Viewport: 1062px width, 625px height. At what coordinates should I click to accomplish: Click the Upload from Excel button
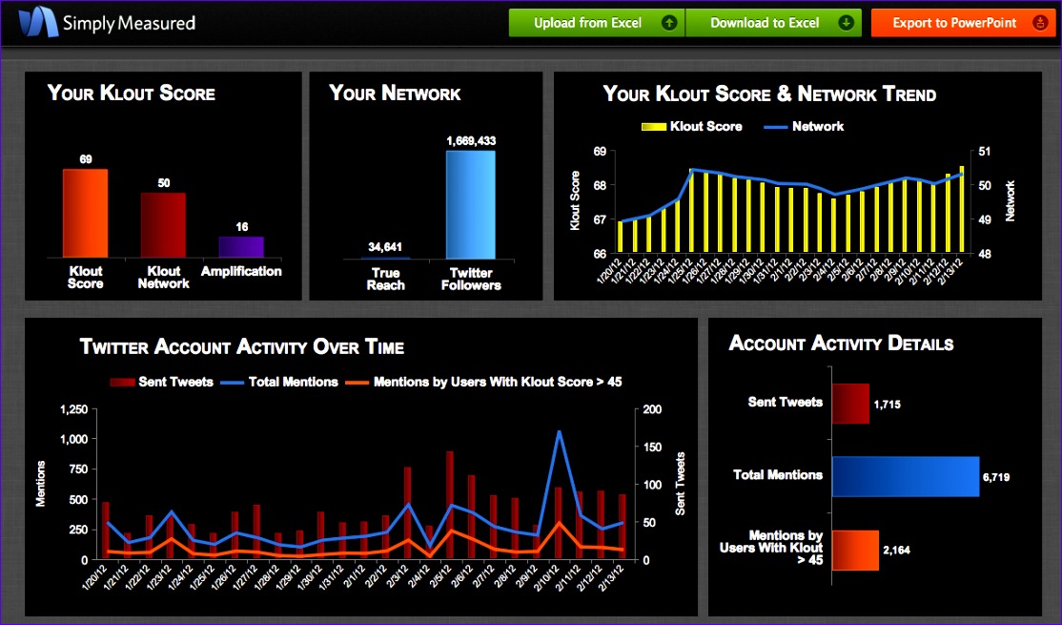(597, 23)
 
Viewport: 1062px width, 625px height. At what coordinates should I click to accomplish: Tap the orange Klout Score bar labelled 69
(85, 213)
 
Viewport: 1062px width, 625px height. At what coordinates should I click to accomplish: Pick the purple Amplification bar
(241, 247)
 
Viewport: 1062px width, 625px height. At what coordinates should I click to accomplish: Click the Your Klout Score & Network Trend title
(769, 94)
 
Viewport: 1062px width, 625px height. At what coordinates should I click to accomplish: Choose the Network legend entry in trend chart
(806, 126)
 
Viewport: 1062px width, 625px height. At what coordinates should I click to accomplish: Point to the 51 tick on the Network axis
(985, 152)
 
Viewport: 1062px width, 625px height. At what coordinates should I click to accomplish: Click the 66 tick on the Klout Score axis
(600, 254)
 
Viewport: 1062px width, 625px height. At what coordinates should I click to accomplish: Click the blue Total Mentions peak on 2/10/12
(559, 432)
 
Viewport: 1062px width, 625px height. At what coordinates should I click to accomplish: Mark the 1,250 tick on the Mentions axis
(74, 409)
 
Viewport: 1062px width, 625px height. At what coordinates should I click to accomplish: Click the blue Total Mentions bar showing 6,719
(905, 476)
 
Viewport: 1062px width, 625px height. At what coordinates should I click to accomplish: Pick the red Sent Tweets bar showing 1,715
(850, 404)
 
